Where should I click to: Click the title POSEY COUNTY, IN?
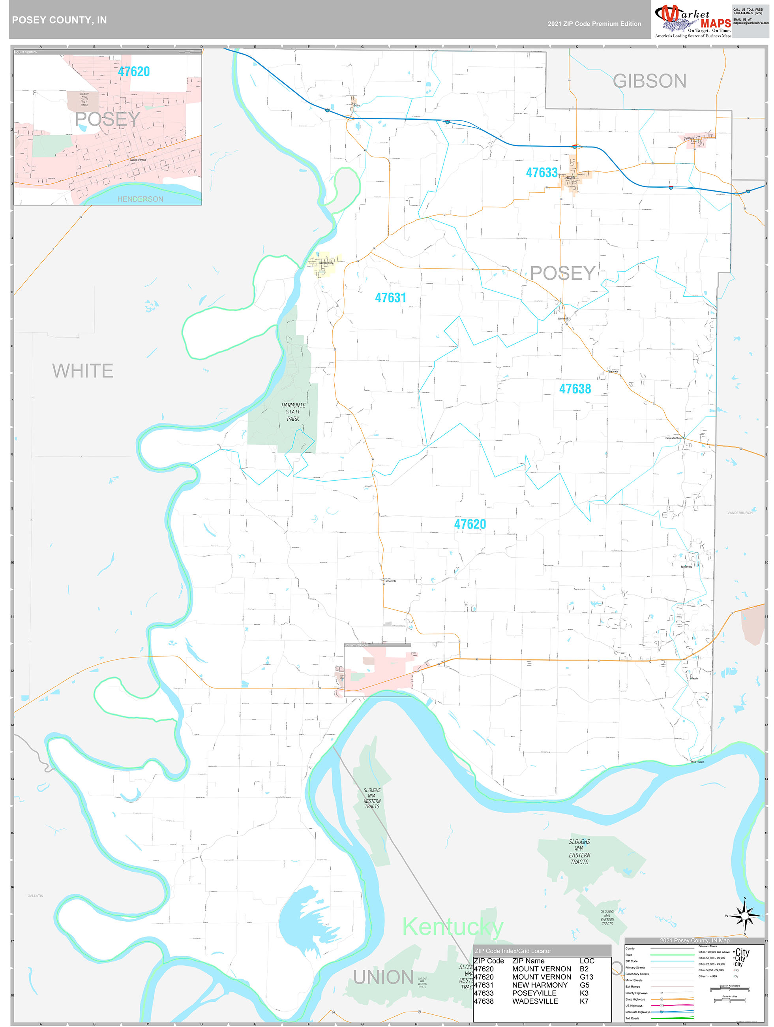pyautogui.click(x=59, y=20)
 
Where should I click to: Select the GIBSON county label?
pyautogui.click(x=649, y=81)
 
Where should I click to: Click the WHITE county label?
pyautogui.click(x=82, y=371)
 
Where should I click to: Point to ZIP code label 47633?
pyautogui.click(x=542, y=173)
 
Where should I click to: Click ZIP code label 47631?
pyautogui.click(x=390, y=297)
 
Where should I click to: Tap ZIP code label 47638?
pyautogui.click(x=575, y=389)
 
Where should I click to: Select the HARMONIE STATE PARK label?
pyautogui.click(x=293, y=412)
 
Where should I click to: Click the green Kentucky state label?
pyautogui.click(x=452, y=927)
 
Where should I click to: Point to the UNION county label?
pyautogui.click(x=383, y=977)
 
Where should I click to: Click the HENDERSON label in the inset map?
pyautogui.click(x=140, y=199)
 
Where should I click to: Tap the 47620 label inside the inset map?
pyautogui.click(x=134, y=71)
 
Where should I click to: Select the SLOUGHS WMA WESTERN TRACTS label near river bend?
pyautogui.click(x=372, y=798)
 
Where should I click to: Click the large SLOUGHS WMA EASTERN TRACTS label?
pyautogui.click(x=579, y=852)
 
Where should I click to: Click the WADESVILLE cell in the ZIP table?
pyautogui.click(x=535, y=1001)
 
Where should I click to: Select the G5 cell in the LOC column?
pyautogui.click(x=584, y=985)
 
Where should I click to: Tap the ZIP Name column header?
pyautogui.click(x=528, y=961)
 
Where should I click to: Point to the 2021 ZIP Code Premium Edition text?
pyautogui.click(x=594, y=24)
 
